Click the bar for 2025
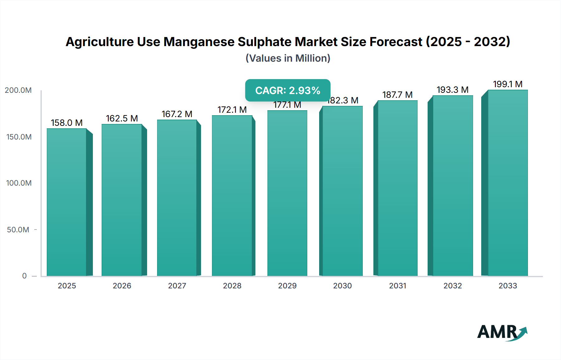(67, 202)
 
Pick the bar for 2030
(343, 191)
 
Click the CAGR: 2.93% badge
(288, 90)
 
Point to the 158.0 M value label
(67, 123)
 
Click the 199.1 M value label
(508, 84)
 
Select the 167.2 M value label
(177, 114)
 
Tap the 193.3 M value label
(453, 90)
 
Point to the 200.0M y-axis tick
(18, 90)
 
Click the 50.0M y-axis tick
(18, 230)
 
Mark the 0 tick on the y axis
(24, 276)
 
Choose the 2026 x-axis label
(122, 286)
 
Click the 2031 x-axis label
(398, 286)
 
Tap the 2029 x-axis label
(287, 286)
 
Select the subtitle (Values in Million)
(288, 58)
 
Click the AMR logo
(502, 332)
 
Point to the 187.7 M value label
(397, 95)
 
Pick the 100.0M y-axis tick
(19, 183)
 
